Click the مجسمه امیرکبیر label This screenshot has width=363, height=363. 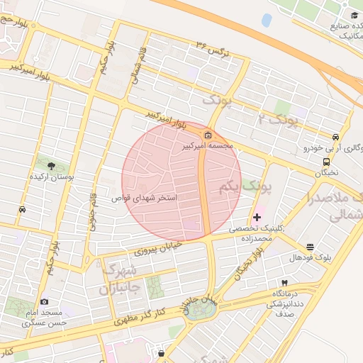(x=207, y=146)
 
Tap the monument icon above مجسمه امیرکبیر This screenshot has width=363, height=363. (x=207, y=135)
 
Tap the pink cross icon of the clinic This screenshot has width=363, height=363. (x=256, y=216)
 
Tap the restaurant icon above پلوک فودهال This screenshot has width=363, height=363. (x=311, y=247)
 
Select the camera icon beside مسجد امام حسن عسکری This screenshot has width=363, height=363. (x=45, y=302)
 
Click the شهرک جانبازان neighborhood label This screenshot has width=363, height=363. (x=118, y=279)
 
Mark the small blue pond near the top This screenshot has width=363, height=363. (x=267, y=20)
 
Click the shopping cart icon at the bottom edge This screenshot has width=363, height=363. (x=162, y=353)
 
